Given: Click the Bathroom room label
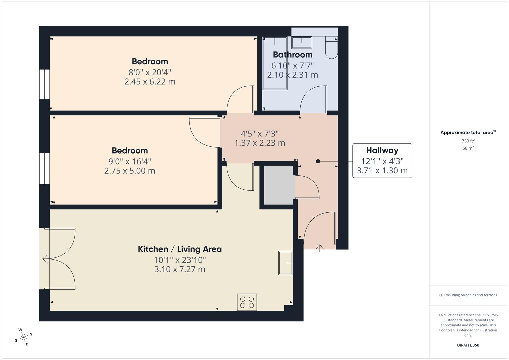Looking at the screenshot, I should (x=292, y=55).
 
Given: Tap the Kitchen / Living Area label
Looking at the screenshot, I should (x=180, y=249).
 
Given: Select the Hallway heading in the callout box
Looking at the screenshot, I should (x=382, y=150).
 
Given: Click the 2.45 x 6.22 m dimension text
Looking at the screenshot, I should (x=150, y=82).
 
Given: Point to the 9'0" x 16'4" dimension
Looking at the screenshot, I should (x=130, y=161).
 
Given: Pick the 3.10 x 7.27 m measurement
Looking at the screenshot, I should (x=180, y=269).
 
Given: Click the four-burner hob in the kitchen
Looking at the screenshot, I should (x=247, y=302).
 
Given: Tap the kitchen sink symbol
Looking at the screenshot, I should (x=285, y=263).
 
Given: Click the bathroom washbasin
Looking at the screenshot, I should (x=302, y=43).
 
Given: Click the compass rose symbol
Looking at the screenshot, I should (x=23, y=337).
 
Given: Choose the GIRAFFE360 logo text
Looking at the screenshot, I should (x=468, y=345).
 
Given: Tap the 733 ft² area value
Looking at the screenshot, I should (x=468, y=141).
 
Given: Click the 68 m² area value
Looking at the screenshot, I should (x=468, y=148).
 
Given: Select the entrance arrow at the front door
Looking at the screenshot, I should (x=320, y=248).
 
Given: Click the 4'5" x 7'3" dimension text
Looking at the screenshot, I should (x=260, y=134).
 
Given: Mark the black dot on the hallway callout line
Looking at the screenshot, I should (x=318, y=161).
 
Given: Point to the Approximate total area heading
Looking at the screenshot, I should (x=468, y=133).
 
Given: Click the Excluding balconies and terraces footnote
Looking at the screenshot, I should (x=468, y=295).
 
